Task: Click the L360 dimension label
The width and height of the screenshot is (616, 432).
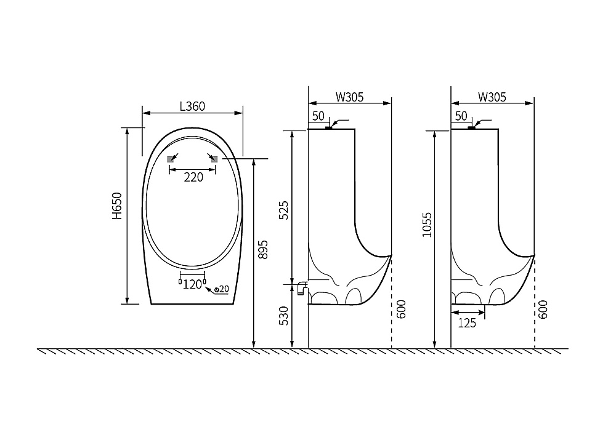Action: tap(192, 106)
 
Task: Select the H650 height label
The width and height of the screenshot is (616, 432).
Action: tap(117, 206)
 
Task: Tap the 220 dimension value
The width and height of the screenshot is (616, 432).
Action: tap(193, 177)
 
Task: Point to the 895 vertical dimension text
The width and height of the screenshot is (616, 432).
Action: tap(263, 250)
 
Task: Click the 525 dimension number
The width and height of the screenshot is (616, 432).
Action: tap(283, 210)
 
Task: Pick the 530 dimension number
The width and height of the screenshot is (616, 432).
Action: tap(283, 316)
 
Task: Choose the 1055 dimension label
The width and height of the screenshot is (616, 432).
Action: tap(427, 225)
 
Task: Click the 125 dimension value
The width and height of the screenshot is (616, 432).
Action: tap(467, 323)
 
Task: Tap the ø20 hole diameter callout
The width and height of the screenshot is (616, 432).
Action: tap(222, 289)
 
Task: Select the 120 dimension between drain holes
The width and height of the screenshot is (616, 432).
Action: tap(192, 284)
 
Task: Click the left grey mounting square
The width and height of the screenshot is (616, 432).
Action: tap(171, 159)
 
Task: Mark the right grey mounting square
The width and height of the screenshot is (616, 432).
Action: tap(214, 159)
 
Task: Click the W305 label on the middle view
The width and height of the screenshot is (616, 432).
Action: tap(350, 97)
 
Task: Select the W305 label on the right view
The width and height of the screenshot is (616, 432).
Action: tap(492, 97)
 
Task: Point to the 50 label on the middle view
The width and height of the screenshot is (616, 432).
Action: tap(318, 116)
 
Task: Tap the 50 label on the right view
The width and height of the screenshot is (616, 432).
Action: tap(461, 116)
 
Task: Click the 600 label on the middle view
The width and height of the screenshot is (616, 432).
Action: tap(401, 309)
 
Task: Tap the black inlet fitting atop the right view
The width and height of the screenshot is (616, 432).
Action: tap(471, 127)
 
